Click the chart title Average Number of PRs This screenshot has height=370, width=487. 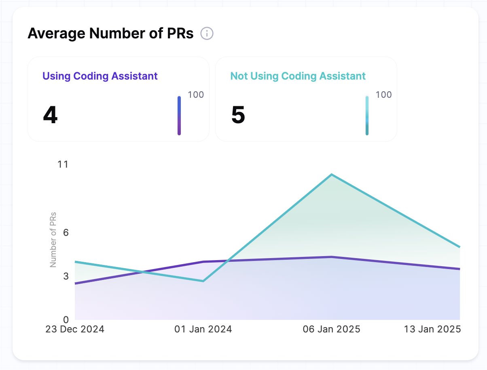[110, 34]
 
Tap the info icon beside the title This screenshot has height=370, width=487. [207, 34]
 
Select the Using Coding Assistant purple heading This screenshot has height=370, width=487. [100, 76]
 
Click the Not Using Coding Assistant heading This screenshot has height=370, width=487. [298, 76]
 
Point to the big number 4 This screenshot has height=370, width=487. [50, 115]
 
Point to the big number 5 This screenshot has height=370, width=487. [238, 115]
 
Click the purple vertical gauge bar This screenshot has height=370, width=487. [179, 116]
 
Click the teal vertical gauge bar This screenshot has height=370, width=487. [367, 116]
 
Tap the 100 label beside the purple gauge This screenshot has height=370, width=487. [196, 95]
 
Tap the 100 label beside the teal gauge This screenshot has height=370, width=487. [383, 95]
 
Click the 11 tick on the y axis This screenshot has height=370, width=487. [63, 164]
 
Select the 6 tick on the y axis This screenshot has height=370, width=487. [66, 232]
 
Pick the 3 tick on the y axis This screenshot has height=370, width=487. [66, 276]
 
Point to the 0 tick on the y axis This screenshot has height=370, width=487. [66, 319]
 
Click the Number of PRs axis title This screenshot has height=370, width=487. [53, 239]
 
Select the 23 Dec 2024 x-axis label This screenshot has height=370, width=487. [75, 329]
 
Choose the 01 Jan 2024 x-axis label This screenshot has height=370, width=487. [203, 329]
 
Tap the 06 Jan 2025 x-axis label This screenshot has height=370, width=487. [331, 329]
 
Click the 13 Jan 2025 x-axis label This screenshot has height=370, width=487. [432, 329]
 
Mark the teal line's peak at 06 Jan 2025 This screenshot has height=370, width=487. [332, 174]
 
